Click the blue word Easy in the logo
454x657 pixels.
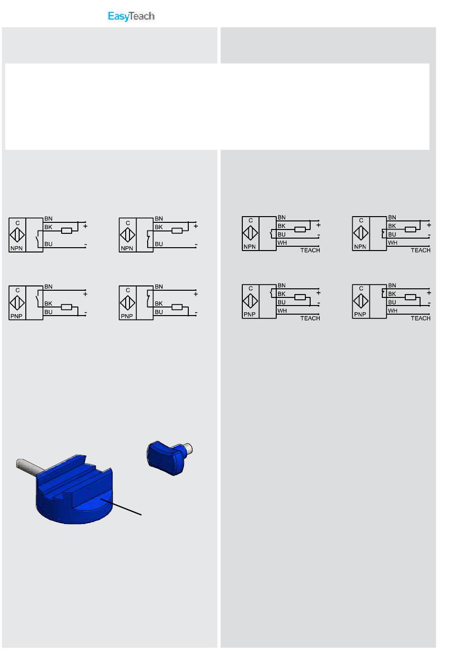tap(118, 16)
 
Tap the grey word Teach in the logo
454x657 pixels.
tap(141, 16)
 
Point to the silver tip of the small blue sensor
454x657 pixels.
tap(188, 448)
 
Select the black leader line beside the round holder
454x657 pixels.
tap(121, 506)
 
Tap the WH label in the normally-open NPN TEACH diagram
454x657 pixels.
tap(282, 243)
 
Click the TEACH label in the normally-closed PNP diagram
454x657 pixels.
tap(420, 318)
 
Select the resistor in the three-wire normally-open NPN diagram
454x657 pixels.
tap(66, 230)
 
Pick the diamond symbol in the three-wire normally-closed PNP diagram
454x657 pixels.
tap(128, 303)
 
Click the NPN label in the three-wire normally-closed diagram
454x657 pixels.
tap(127, 249)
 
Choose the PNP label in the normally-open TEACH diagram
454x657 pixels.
tap(249, 315)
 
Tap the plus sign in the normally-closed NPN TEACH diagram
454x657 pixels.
tap(429, 225)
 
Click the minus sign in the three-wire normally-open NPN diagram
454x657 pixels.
tap(85, 244)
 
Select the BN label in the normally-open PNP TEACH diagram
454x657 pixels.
tap(281, 285)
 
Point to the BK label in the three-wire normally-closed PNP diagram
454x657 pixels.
tap(159, 304)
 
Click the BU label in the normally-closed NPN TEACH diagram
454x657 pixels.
tap(392, 234)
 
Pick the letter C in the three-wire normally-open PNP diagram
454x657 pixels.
tap(17, 290)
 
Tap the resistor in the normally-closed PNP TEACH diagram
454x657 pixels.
tap(410, 297)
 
